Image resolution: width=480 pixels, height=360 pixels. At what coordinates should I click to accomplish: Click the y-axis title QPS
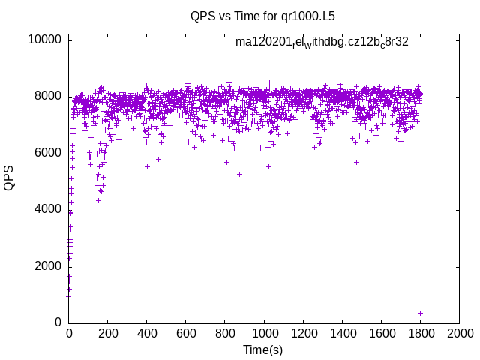coord(9,181)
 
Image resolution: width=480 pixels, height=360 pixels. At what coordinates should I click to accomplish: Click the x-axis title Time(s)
coord(262,349)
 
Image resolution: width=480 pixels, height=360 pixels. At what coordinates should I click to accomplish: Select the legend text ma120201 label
coord(322,42)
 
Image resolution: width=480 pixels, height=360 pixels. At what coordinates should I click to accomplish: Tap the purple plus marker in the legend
coord(430,43)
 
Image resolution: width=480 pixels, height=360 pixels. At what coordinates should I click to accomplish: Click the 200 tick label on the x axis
coord(108,333)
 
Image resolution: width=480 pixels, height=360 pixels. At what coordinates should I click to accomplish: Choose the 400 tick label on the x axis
coord(147,333)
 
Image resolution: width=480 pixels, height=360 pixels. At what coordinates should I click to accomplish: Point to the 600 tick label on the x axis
coord(186,333)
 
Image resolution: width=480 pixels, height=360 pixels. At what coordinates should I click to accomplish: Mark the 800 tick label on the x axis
coord(225,333)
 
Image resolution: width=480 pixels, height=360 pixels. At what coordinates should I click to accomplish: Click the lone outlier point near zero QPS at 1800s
coord(421,313)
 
